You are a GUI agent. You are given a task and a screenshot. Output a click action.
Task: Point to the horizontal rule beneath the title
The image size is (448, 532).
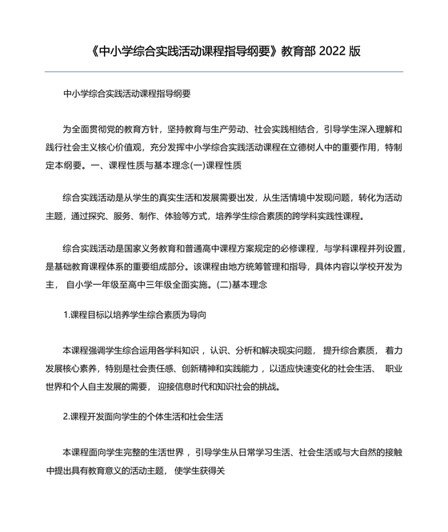[224, 72]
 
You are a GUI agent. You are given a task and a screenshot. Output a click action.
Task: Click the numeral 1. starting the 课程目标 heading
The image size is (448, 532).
[67, 315]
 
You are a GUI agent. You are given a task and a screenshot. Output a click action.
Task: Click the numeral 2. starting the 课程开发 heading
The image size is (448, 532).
[67, 417]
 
